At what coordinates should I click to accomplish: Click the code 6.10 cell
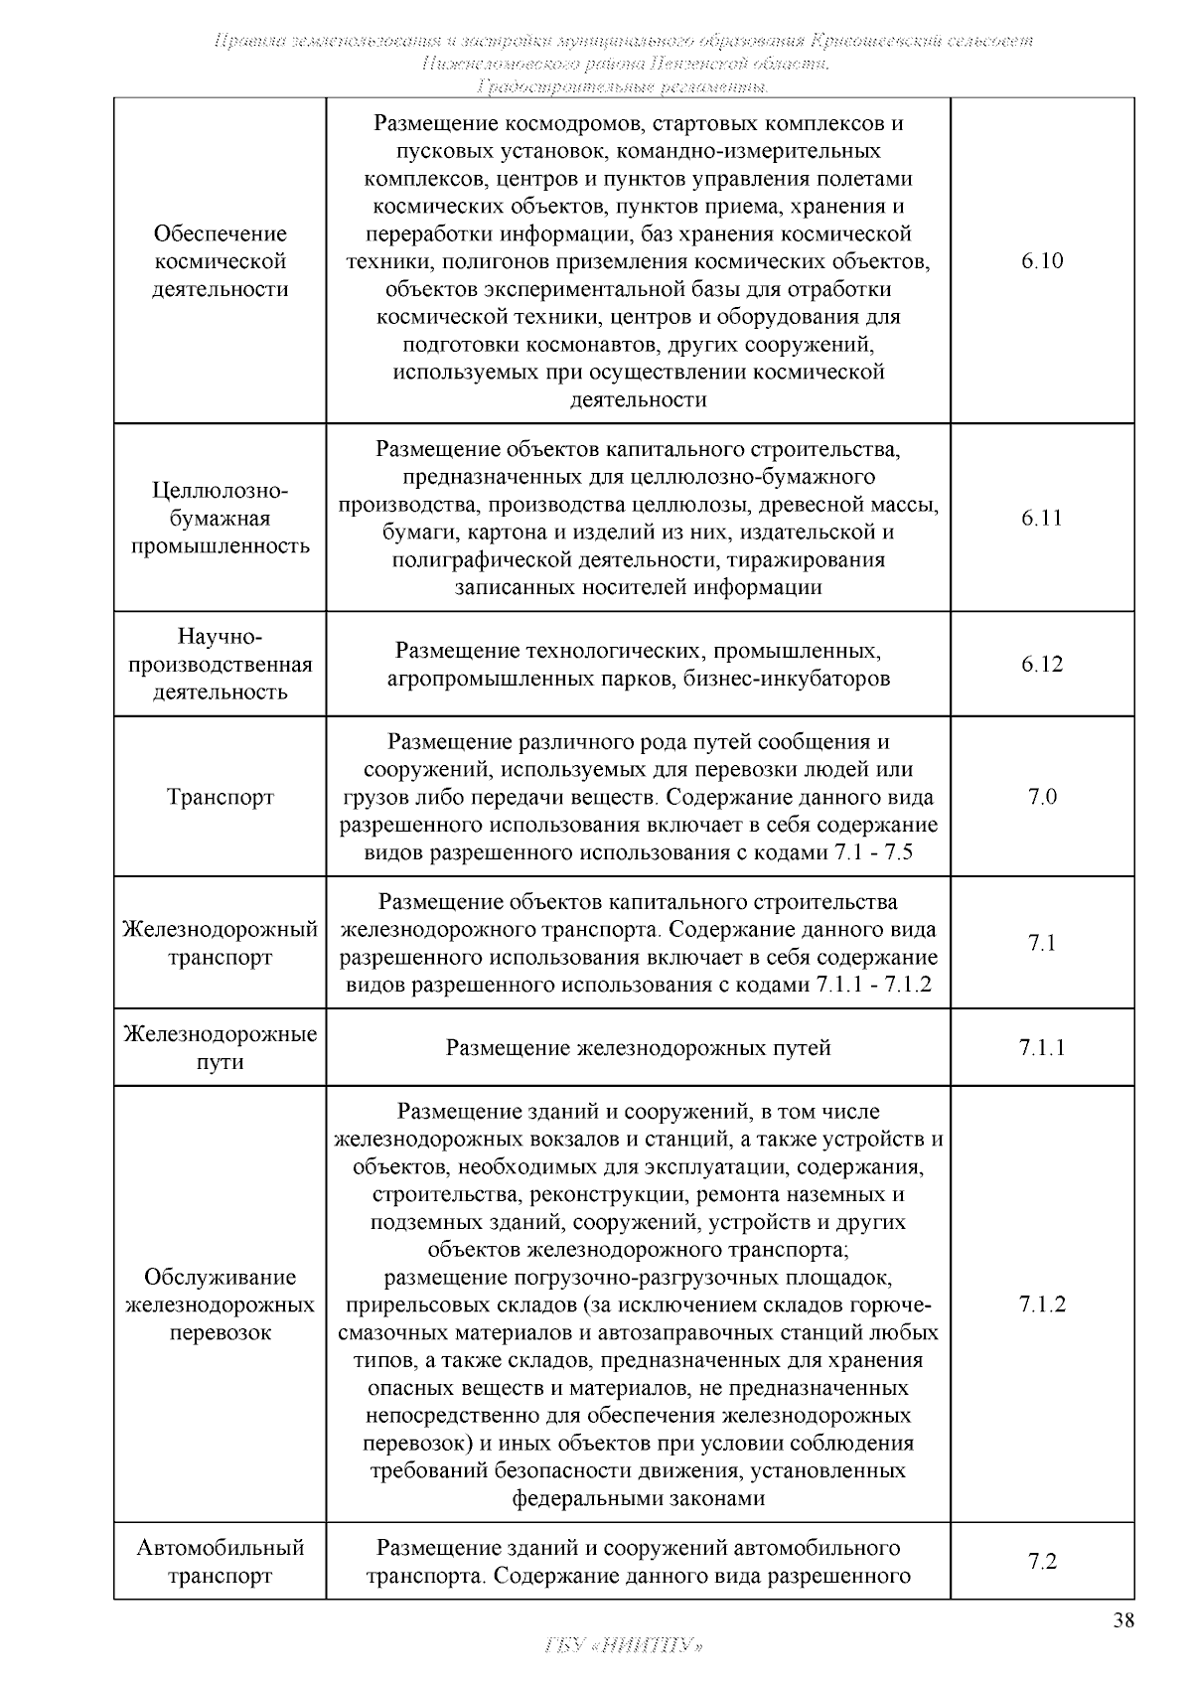click(1041, 261)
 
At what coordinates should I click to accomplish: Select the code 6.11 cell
click(1041, 518)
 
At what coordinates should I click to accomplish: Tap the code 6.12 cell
click(1041, 665)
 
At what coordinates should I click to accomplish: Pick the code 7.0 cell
click(1041, 797)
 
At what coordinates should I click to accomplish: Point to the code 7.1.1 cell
click(1041, 1048)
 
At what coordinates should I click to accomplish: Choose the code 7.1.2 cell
click(1041, 1304)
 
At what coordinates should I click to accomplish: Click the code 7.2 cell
click(1041, 1561)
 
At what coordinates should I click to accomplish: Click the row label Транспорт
click(220, 797)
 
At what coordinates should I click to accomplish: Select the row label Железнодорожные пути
click(220, 1048)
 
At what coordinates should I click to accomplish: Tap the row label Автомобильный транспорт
click(220, 1561)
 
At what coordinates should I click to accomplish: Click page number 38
click(1123, 1621)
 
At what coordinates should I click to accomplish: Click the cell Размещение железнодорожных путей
click(638, 1048)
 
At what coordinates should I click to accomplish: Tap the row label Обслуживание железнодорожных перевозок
click(220, 1304)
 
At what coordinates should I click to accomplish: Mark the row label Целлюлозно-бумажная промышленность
click(220, 518)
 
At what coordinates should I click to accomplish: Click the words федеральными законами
click(638, 1498)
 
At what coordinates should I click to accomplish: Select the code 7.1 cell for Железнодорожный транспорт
click(1041, 943)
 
